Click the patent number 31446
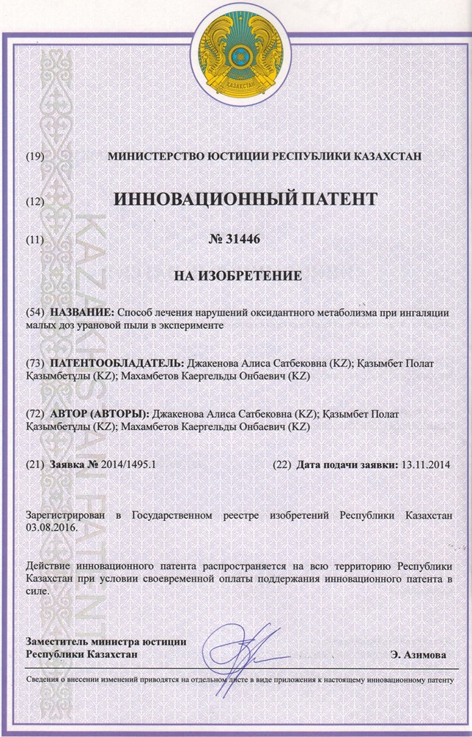236,239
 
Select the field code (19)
35,157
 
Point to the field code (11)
35,240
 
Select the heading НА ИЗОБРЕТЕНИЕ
236,278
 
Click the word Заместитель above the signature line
59,641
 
